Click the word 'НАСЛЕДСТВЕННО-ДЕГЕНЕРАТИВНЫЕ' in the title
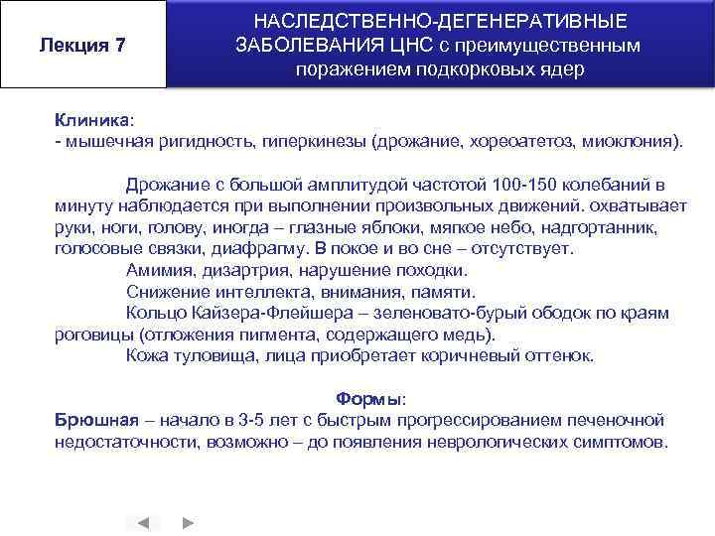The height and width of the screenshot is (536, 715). pyautogui.click(x=441, y=21)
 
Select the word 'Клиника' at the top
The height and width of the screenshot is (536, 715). pyautogui.click(x=90, y=119)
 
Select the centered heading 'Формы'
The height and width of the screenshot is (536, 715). pyautogui.click(x=366, y=399)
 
